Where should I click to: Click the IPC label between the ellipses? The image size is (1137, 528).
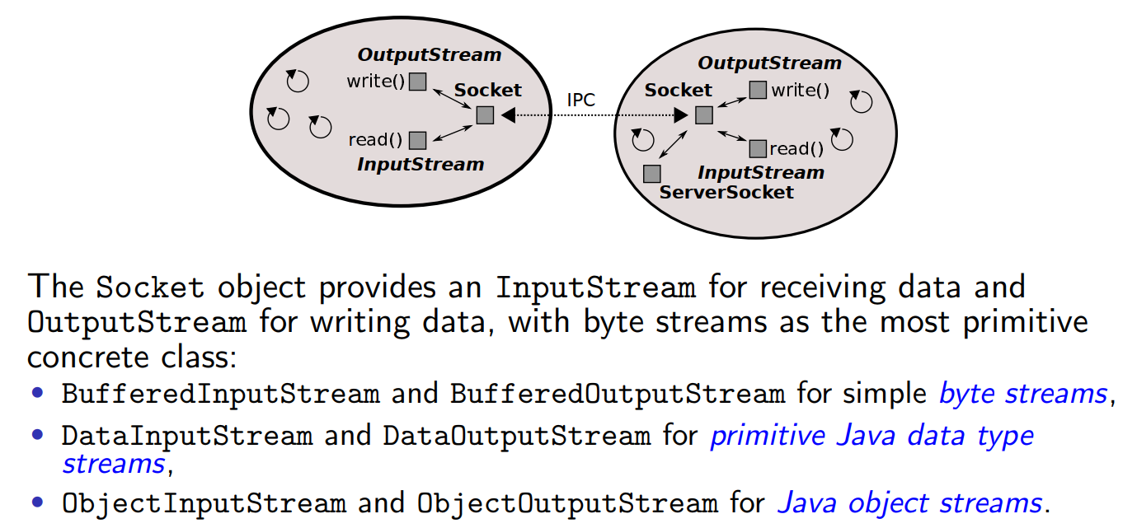tap(580, 100)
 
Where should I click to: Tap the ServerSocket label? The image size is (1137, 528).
tap(726, 193)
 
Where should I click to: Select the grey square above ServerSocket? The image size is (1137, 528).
tap(651, 174)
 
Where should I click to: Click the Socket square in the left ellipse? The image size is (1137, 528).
tap(485, 115)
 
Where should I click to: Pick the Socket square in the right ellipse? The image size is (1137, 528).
tap(703, 115)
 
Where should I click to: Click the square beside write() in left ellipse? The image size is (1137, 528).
tap(418, 81)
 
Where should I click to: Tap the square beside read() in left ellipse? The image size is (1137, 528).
tap(417, 140)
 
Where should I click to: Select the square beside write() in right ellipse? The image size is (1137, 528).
tap(757, 90)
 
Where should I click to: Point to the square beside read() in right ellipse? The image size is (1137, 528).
tap(758, 149)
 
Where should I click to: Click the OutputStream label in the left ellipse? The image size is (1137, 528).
tap(429, 55)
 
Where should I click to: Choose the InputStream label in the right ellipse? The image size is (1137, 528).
tap(760, 173)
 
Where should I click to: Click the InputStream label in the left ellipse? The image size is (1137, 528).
tap(420, 165)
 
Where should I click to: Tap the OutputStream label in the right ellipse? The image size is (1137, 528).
tap(769, 63)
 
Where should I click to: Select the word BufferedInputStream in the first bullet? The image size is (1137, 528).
tap(221, 394)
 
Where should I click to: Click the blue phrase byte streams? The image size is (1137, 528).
tap(1022, 394)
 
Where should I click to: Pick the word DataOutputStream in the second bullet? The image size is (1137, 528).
tap(516, 436)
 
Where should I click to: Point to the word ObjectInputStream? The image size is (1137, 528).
tap(204, 502)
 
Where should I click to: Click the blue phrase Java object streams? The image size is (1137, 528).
tap(909, 502)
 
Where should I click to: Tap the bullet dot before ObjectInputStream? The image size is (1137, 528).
tap(38, 501)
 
